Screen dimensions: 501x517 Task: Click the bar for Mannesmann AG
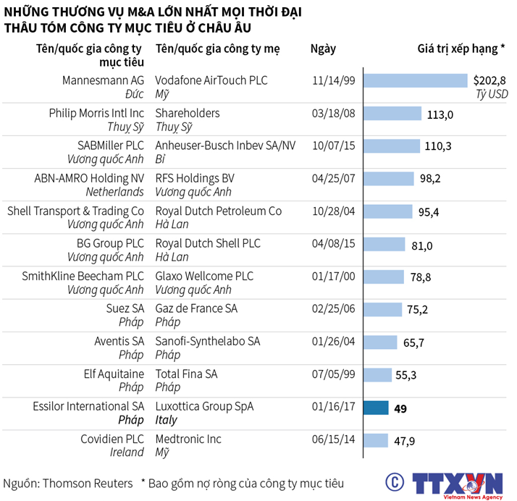coord(415,80)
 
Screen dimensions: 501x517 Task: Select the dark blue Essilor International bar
coord(376,408)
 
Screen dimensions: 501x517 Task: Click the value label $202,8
coord(489,80)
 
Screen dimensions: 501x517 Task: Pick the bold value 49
coord(400,408)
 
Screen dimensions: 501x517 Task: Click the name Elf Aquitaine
coord(114,374)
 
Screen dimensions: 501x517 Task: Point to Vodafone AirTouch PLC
coord(211,80)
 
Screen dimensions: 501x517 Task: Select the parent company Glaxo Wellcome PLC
coord(204,276)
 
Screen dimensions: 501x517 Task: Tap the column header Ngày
coord(323,49)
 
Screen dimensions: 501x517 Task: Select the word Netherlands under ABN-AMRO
coord(115,192)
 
